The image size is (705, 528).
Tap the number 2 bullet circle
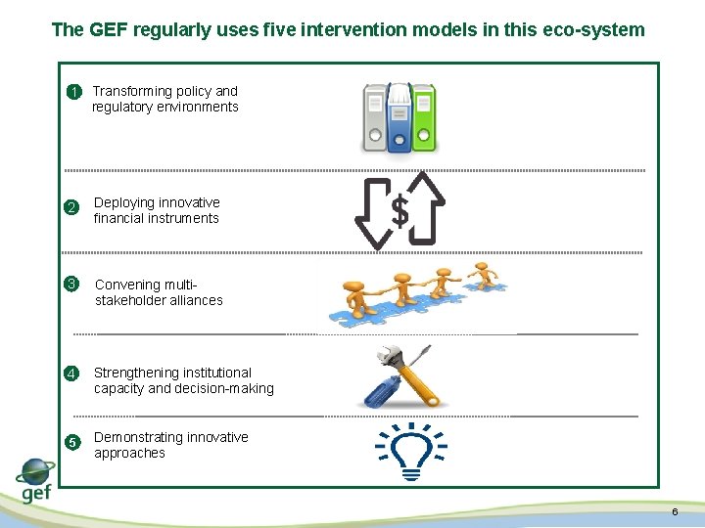(70, 207)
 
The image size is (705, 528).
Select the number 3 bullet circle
(70, 285)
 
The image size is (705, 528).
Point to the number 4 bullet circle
(70, 374)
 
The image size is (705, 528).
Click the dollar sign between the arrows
(399, 209)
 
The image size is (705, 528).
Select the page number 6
(675, 513)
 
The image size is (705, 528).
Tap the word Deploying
(124, 202)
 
